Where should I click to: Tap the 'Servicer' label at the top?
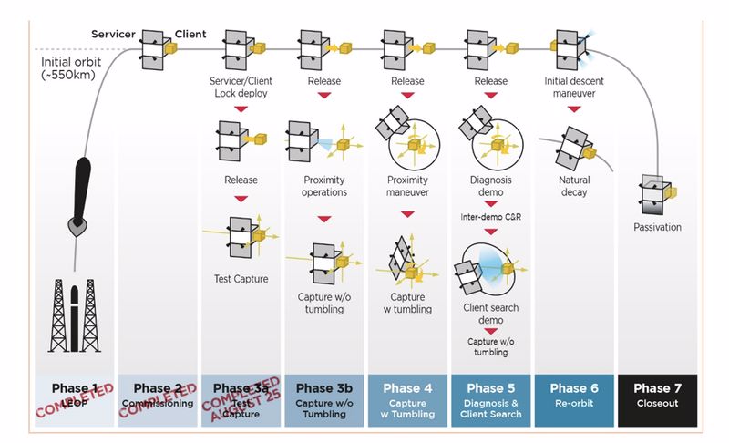click(x=114, y=35)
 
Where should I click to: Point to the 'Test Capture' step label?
click(x=241, y=279)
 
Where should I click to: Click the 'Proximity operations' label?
click(x=323, y=186)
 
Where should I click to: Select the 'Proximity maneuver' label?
click(x=407, y=186)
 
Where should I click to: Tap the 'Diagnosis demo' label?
click(x=491, y=186)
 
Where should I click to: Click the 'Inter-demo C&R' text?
click(x=491, y=217)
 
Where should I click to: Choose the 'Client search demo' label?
click(x=491, y=314)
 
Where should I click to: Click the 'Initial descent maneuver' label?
click(x=575, y=88)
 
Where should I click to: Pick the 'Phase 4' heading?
click(x=407, y=387)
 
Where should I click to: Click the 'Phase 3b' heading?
click(x=323, y=387)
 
